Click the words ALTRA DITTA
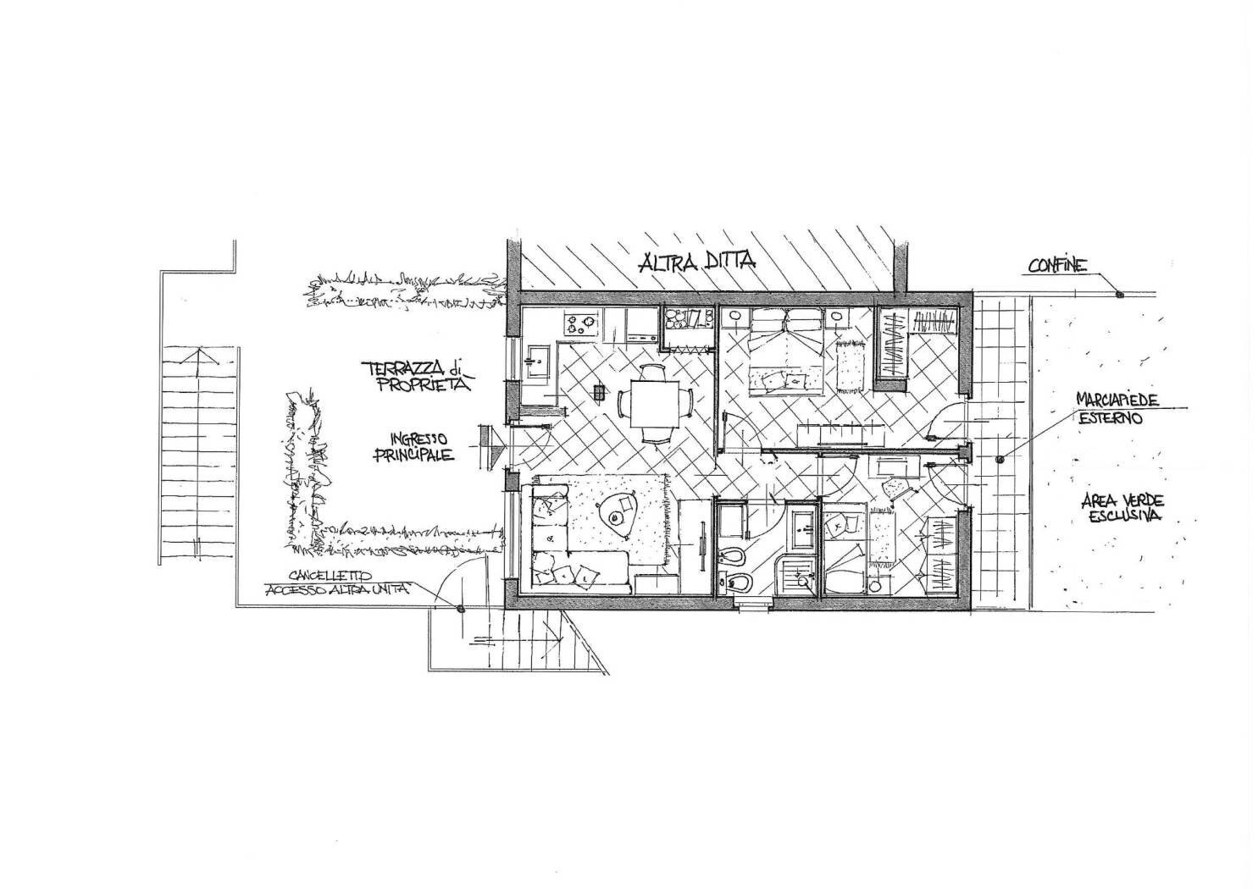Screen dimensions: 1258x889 [x=697, y=262]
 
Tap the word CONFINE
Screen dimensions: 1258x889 [x=1057, y=266]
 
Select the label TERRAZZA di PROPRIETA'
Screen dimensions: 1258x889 [x=418, y=377]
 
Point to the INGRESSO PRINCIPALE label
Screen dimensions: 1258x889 [x=414, y=447]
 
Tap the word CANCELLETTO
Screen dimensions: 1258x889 [x=330, y=575]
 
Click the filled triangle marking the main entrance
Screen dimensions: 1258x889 [x=499, y=446]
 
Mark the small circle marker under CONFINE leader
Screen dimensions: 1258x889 [x=1118, y=294]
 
